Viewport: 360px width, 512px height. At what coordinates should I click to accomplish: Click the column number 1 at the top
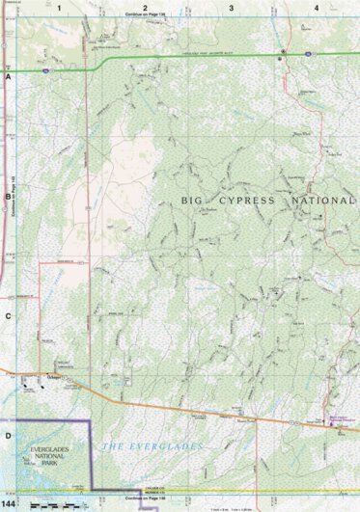58,7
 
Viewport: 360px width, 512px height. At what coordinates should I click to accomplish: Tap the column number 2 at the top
145,7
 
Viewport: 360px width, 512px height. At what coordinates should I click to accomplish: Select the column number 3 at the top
231,7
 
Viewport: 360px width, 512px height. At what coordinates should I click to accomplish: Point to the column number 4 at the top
317,7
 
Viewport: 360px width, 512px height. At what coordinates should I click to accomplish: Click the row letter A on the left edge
7,75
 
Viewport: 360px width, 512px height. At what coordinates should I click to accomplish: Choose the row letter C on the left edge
7,315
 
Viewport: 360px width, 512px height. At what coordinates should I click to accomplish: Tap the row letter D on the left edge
7,436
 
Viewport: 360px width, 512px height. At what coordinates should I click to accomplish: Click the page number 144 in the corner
9,504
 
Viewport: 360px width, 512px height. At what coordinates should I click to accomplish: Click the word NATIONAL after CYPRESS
323,200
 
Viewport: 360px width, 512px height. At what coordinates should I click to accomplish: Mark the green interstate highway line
193,62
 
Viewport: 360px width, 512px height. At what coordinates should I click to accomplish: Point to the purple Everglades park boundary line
92,453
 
